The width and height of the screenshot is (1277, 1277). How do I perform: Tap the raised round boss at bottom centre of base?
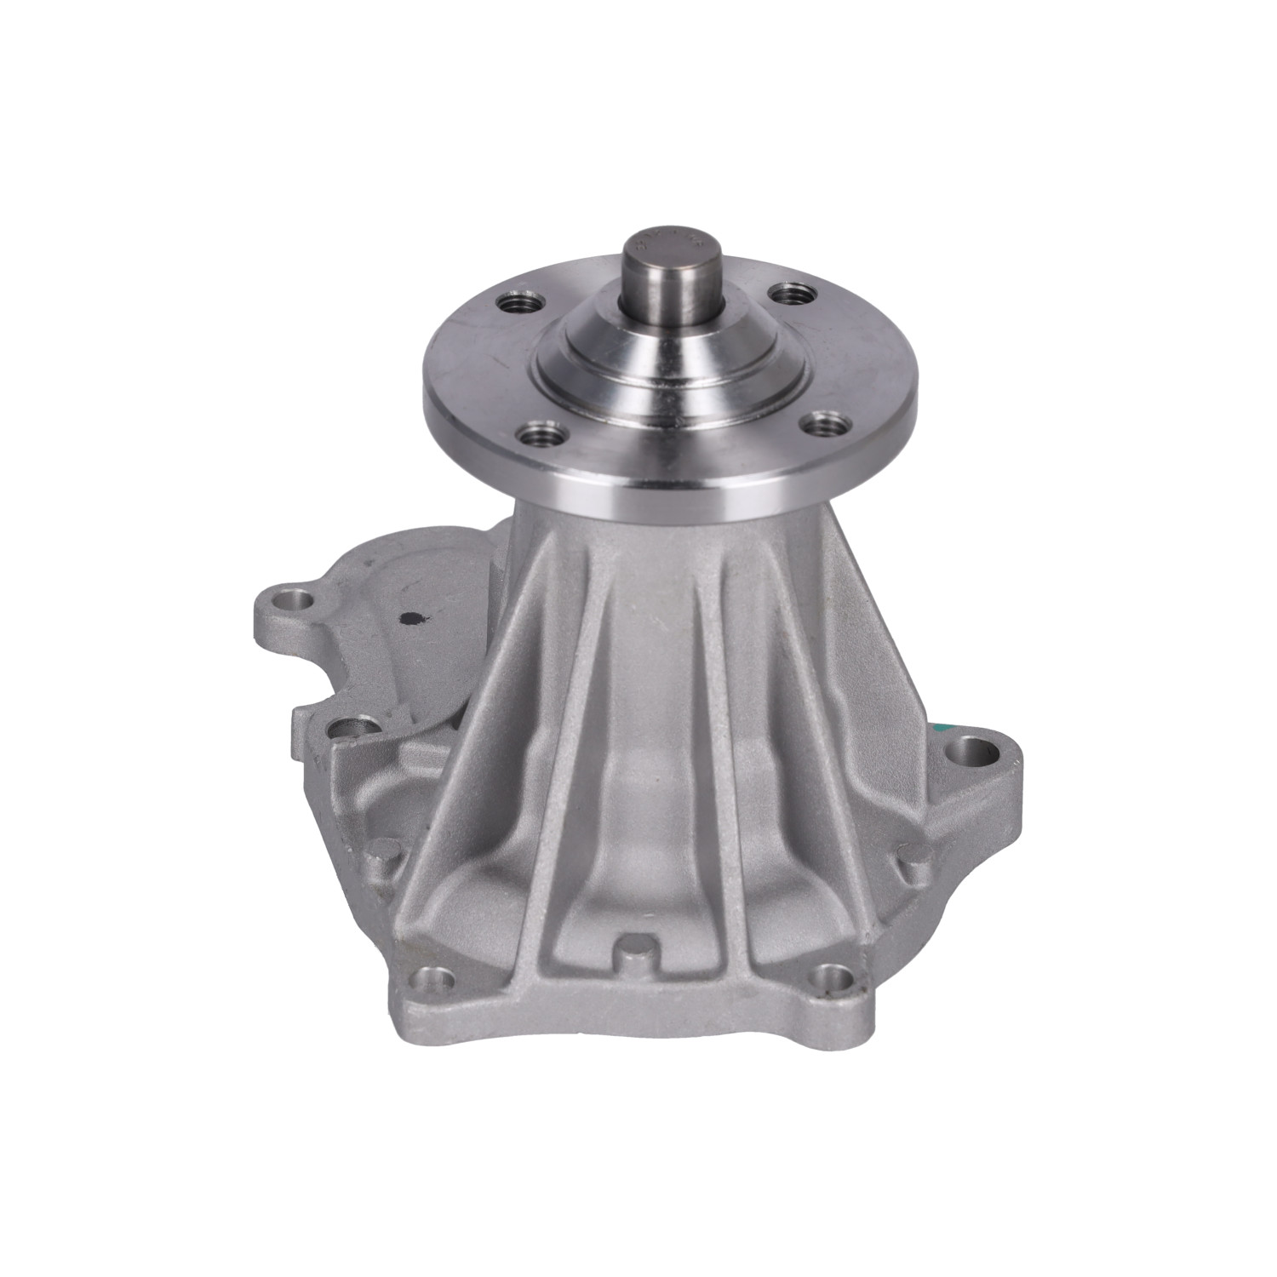click(x=636, y=945)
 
